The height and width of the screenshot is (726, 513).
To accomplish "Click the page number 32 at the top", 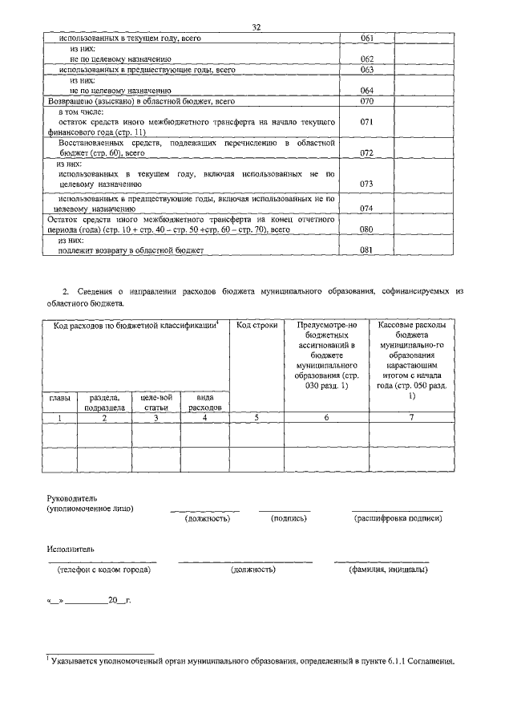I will pos(256,26).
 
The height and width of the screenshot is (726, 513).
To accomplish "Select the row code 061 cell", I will pos(367,38).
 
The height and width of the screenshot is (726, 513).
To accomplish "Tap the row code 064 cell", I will pos(367,91).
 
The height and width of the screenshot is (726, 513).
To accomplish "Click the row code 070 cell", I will pos(367,102).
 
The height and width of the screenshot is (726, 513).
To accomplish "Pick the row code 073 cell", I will pos(367,184).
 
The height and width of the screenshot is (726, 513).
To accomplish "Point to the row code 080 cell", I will pos(367,229).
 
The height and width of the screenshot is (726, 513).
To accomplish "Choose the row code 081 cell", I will pos(367,249).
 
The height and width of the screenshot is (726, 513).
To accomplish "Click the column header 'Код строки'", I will pos(256,325).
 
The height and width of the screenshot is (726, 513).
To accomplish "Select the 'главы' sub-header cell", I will pos(59,397).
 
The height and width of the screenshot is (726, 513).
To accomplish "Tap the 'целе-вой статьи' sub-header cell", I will pos(156,402).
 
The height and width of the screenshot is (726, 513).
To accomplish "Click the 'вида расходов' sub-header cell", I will pos(204,402).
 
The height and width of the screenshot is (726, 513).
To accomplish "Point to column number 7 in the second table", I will pos(411,417).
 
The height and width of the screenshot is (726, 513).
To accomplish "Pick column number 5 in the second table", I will pos(256,417).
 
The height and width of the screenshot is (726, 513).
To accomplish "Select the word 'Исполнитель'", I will pos(69,550).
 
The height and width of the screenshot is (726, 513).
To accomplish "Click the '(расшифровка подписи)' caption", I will pos(398,518).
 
